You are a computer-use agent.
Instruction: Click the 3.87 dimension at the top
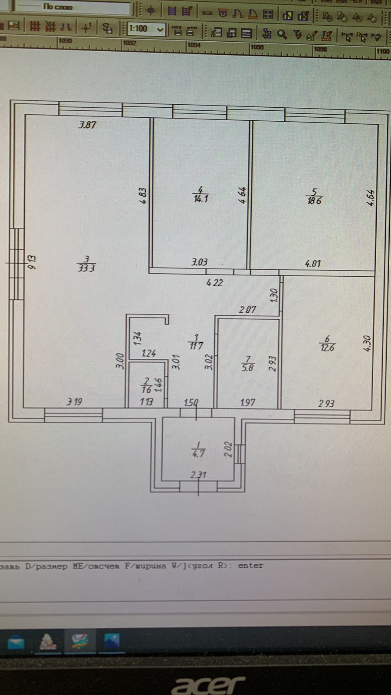(x=87, y=125)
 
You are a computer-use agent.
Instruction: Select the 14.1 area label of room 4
(x=201, y=199)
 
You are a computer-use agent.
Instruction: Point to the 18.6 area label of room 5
(x=314, y=201)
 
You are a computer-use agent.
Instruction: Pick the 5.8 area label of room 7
(x=248, y=367)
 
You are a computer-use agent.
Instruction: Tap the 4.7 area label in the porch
(x=198, y=454)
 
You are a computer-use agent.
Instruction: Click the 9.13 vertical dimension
(x=32, y=262)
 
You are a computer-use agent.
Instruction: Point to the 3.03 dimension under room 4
(x=199, y=262)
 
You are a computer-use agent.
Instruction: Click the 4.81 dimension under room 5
(x=313, y=263)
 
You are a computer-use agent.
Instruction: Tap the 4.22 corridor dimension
(x=214, y=282)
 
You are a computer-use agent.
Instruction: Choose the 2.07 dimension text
(x=248, y=310)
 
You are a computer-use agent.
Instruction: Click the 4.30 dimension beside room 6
(x=367, y=343)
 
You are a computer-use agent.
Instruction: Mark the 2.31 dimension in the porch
(x=198, y=475)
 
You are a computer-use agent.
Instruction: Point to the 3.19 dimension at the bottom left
(x=74, y=402)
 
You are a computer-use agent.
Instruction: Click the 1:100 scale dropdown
(x=146, y=29)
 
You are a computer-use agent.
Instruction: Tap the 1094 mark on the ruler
(x=194, y=44)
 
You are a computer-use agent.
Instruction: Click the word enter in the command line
(x=250, y=566)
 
